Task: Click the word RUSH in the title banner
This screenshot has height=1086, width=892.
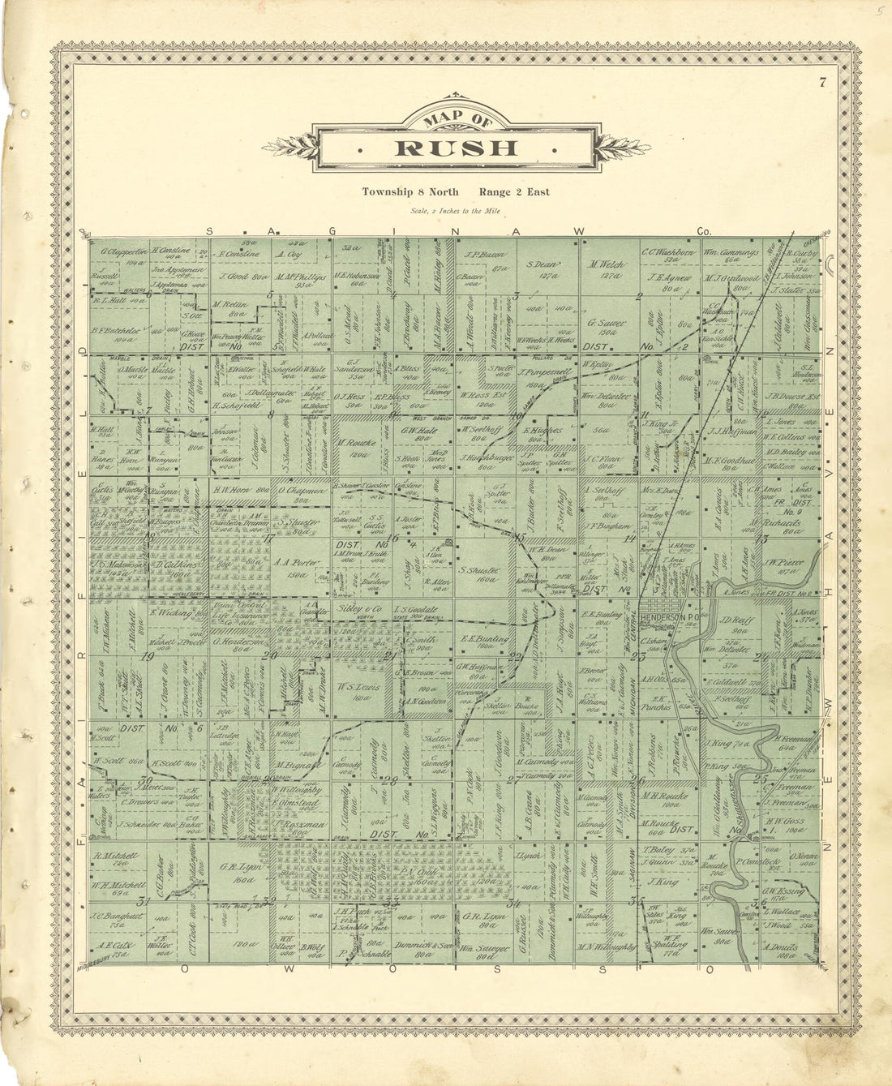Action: click(456, 148)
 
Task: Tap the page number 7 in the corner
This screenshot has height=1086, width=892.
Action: click(821, 81)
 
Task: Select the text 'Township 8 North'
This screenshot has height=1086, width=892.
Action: click(410, 192)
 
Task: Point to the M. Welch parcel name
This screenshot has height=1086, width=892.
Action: click(604, 264)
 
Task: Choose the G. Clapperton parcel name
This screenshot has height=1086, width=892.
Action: click(122, 251)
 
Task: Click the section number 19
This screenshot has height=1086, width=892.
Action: click(148, 656)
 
